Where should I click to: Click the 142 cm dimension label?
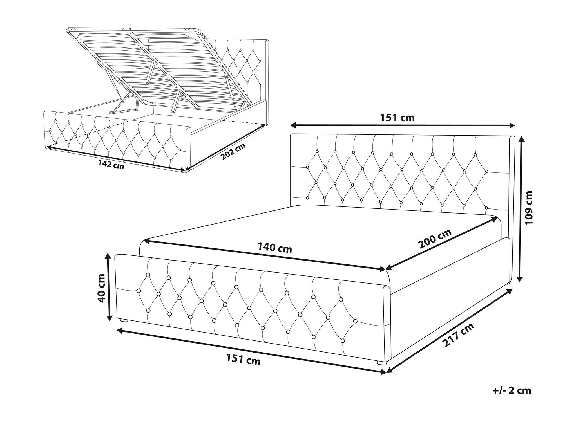click(x=111, y=165)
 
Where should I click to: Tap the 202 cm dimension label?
click(x=233, y=151)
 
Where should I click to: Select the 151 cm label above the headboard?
click(x=397, y=118)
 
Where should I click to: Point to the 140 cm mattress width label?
click(x=275, y=248)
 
